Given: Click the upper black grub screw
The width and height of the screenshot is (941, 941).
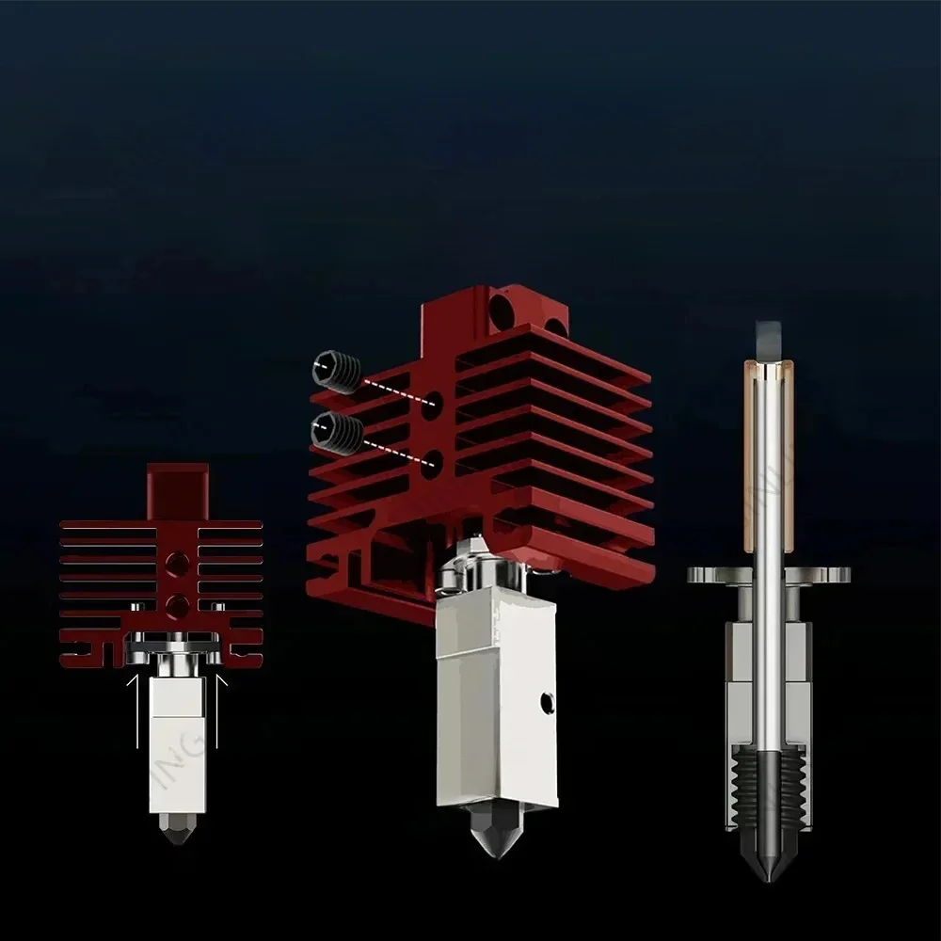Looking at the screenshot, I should pos(337,372).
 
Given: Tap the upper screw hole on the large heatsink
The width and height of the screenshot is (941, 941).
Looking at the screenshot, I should pos(433,405).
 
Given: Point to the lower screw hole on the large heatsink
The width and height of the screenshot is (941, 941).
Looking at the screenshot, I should pos(433,463).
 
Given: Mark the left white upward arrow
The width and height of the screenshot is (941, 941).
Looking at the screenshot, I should pos(137,706).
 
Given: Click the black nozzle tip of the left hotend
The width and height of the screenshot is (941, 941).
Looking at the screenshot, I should pos(176,829).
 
